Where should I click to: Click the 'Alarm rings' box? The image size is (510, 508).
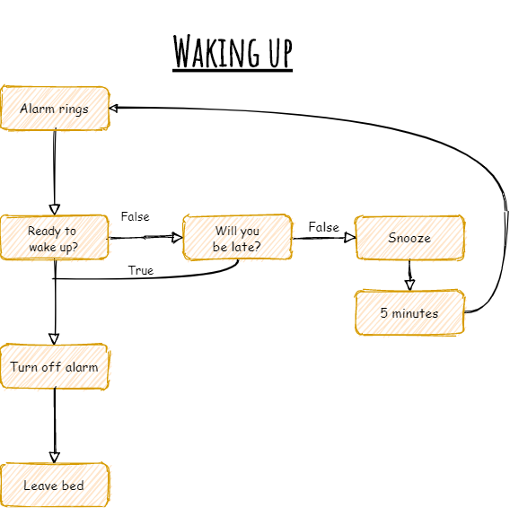coord(55,109)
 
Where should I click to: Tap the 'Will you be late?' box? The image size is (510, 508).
coord(237,238)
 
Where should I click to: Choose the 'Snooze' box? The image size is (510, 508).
coord(409,238)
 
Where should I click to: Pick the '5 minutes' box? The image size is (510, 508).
coord(409,312)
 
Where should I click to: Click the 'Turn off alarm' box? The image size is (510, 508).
coord(54,366)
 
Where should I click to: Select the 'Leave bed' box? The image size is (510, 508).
coord(54,486)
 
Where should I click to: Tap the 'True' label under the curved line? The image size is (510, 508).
coord(141,270)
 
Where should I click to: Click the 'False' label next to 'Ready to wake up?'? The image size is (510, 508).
coord(135,217)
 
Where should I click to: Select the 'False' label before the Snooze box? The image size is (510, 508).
coord(323,227)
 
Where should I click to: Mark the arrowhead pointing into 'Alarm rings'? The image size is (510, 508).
coord(115,108)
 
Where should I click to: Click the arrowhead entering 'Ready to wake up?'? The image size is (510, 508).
coord(54,209)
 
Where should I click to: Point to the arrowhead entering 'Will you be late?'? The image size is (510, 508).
coord(177,238)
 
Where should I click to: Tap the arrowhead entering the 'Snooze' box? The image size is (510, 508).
coord(350,238)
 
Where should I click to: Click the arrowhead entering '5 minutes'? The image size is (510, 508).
coord(409,285)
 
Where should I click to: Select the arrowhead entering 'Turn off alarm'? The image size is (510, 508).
coord(54,338)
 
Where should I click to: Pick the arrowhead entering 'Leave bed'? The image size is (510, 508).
coord(54,457)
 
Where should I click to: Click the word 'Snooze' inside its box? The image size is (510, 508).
coord(409,238)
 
